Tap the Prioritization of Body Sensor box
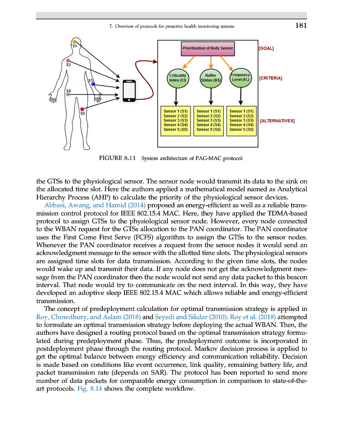pos(207,49)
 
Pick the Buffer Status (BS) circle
pos(210,78)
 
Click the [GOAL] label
pos(265,49)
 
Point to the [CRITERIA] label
pos(270,78)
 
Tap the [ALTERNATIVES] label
pos(277,121)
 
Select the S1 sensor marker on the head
pos(74,41)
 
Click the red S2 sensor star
pos(68,60)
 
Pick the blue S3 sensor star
pos(93,85)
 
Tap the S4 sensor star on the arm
pos(68,94)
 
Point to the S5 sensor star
pos(82,109)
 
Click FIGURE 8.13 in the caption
pos(118,158)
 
